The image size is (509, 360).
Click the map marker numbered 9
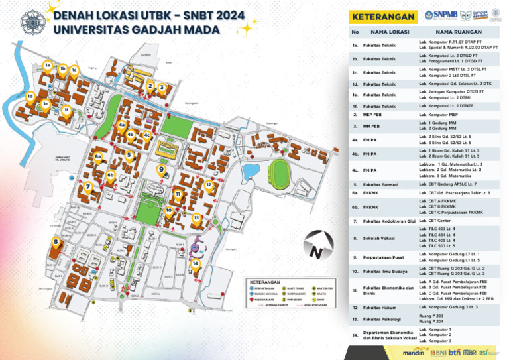coord(161,170)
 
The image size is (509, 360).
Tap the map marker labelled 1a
coord(48,65)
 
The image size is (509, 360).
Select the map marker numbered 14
coord(195,263)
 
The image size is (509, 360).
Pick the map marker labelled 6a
coord(97,156)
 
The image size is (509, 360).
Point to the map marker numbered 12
coord(209,185)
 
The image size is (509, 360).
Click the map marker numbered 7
coord(88,187)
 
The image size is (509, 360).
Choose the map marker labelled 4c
coord(147,135)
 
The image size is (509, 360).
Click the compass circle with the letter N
coord(316,250)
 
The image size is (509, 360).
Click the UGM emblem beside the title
coord(30,21)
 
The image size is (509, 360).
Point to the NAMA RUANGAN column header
coord(457,32)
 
